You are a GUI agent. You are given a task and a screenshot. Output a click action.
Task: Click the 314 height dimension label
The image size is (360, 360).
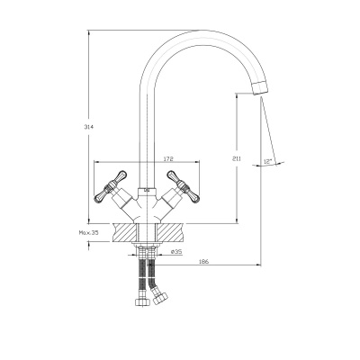(x=89, y=127)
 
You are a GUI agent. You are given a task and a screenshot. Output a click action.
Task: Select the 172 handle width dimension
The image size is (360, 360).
(x=169, y=158)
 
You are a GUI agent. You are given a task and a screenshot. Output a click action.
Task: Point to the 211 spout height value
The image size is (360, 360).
(x=237, y=158)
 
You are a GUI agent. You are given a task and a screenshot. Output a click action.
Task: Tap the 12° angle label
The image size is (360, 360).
(x=267, y=161)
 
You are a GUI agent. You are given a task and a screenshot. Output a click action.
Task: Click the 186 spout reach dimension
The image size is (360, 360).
(x=203, y=261)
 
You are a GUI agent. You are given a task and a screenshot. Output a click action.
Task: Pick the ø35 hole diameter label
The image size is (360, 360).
(x=176, y=252)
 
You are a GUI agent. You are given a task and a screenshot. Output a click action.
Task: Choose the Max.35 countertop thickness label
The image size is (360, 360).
(x=88, y=232)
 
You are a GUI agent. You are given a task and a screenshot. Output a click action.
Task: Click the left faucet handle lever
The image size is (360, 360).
(x=111, y=186)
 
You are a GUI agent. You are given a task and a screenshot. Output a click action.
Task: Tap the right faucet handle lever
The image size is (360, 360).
(x=183, y=186)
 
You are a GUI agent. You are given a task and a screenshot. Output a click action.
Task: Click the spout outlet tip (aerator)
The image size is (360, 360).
(x=259, y=87)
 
